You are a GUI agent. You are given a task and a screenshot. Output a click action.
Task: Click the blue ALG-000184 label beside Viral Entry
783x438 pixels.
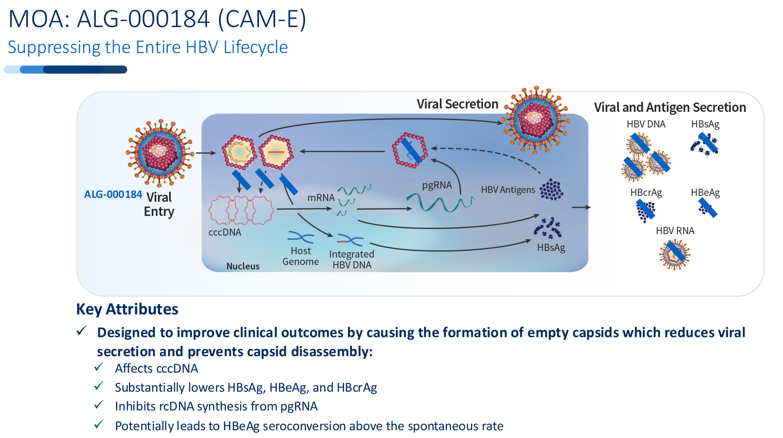click(113, 194)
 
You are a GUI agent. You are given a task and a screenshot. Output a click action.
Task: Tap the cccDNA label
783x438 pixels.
click(225, 232)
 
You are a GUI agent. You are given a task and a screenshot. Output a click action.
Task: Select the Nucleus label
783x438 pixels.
click(243, 266)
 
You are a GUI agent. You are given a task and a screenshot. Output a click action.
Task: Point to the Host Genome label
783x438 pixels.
click(301, 256)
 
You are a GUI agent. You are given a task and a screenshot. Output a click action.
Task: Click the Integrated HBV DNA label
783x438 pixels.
click(352, 260)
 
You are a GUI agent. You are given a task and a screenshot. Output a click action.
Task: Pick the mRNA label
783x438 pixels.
click(321, 198)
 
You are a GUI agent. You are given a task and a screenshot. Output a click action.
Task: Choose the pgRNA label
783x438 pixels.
click(437, 185)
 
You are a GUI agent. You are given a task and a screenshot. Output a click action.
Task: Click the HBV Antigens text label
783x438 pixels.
click(508, 190)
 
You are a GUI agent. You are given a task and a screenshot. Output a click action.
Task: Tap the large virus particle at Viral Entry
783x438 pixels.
click(159, 153)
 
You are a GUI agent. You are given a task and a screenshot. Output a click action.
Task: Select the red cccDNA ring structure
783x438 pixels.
click(240, 210)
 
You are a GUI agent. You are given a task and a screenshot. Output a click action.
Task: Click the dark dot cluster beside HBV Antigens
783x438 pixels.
click(551, 190)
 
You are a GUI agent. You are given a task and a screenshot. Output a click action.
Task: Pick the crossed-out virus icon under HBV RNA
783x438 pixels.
click(675, 254)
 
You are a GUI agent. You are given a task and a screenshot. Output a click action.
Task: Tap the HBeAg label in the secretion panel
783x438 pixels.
click(705, 193)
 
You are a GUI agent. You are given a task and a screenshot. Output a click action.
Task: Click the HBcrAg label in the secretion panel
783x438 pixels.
click(646, 193)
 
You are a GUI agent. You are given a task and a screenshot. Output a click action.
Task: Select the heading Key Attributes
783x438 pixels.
click(127, 309)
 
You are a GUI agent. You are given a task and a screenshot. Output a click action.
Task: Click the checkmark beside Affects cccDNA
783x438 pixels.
click(99, 367)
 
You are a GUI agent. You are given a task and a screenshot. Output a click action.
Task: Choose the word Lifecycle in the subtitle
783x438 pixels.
click(256, 47)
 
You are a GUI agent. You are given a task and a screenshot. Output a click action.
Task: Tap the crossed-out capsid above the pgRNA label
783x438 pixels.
click(410, 150)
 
